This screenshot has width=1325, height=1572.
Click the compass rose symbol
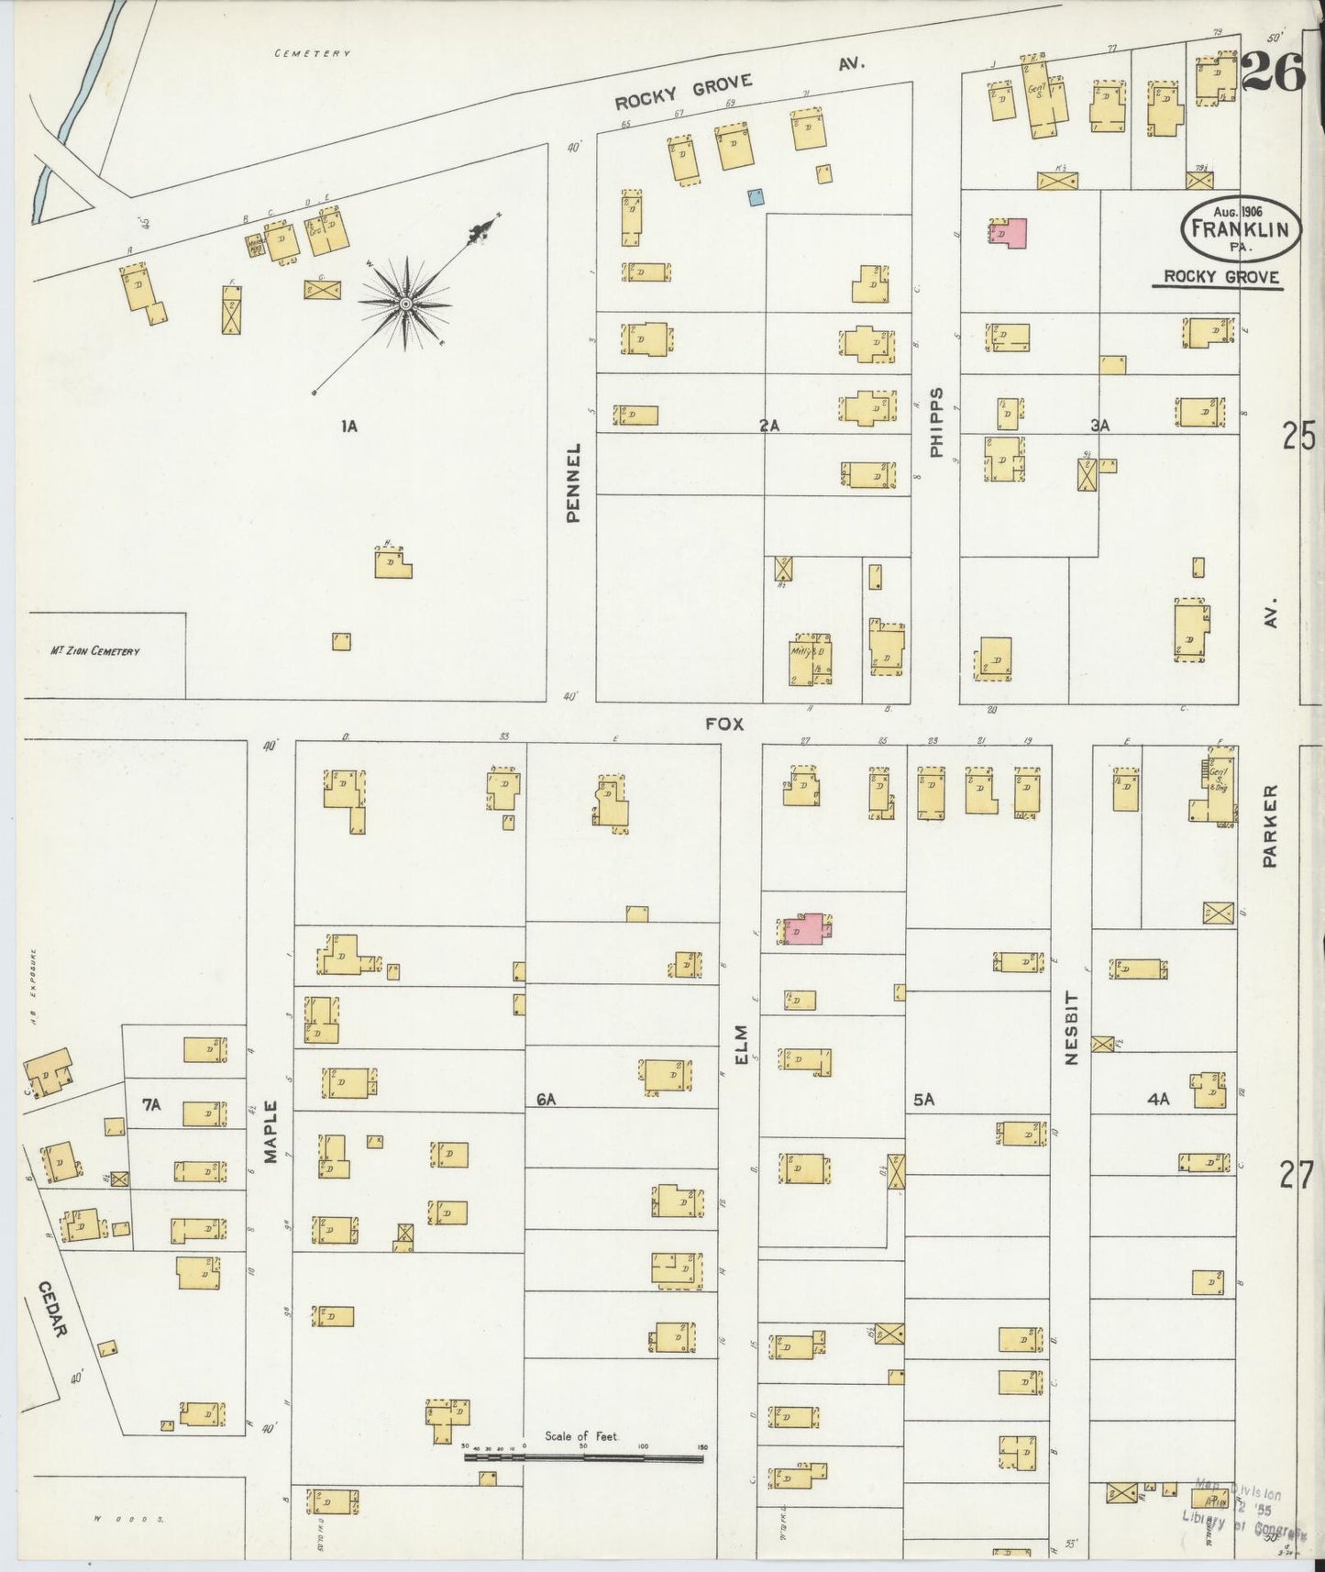click(x=404, y=303)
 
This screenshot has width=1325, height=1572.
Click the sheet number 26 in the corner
click(x=1273, y=72)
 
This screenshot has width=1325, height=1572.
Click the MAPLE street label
click(x=271, y=1132)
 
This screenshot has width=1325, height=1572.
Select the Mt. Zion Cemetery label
click(x=95, y=651)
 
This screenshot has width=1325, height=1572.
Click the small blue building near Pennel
click(x=756, y=195)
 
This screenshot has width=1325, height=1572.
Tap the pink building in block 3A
click(x=1009, y=233)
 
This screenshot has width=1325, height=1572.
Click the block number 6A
click(x=547, y=1099)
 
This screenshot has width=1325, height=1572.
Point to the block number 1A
click(x=348, y=426)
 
